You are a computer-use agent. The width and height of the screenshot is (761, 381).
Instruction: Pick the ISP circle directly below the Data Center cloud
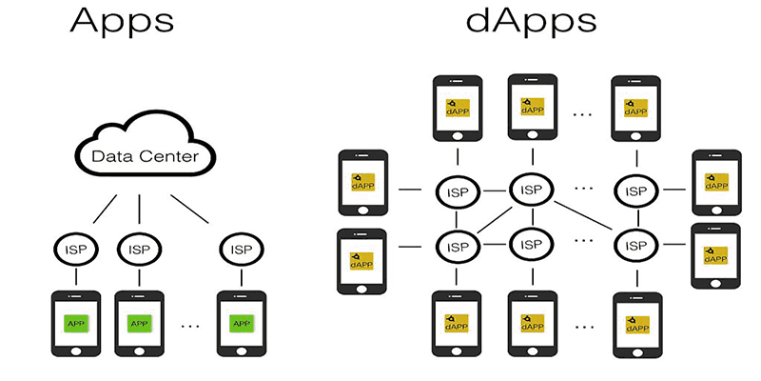(x=140, y=251)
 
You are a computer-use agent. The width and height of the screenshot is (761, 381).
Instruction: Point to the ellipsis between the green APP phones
(x=191, y=325)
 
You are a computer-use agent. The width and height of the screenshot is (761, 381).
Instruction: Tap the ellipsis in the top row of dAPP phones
(x=582, y=112)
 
